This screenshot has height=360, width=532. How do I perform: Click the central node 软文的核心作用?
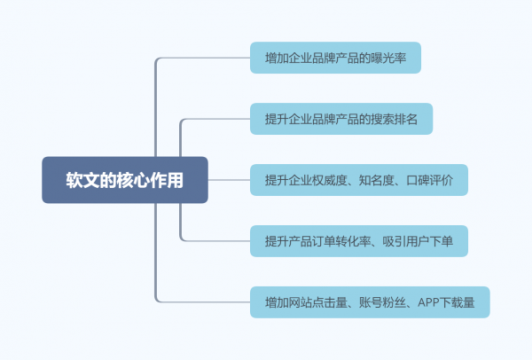tap(125, 180)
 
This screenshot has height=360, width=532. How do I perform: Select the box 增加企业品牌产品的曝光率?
tap(335, 58)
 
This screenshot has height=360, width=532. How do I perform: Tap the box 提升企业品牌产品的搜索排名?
tap(341, 119)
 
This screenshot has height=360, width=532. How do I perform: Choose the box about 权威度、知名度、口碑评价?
tap(359, 180)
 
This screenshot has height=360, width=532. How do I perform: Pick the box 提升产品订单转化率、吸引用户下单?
tap(359, 241)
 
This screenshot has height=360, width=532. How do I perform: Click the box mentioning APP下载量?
tap(370, 302)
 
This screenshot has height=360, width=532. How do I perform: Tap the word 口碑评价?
tap(429, 180)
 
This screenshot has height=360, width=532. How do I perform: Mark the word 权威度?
tap(330, 180)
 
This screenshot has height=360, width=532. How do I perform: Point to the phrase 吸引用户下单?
tap(418, 241)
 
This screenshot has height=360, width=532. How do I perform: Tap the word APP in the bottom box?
tap(428, 302)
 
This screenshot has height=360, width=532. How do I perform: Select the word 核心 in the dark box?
tap(133, 180)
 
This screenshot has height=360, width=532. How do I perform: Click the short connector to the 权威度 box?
tap(229, 180)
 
